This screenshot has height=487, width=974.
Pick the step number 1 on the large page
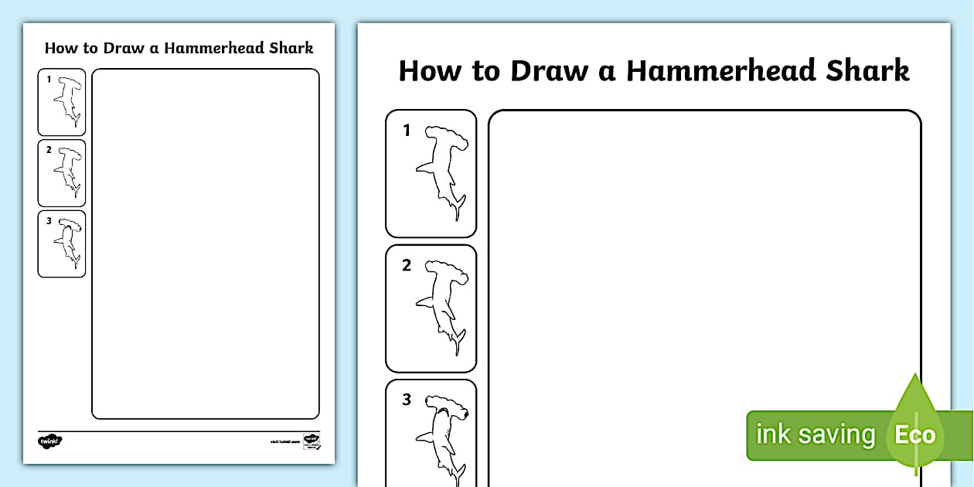[x=407, y=131]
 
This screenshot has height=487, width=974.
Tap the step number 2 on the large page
[x=407, y=265]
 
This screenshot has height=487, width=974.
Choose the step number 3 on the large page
[x=407, y=400]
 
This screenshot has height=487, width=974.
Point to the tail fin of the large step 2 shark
[x=458, y=340]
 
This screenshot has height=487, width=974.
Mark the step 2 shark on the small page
[x=68, y=172]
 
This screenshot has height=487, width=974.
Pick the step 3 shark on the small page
[x=68, y=243]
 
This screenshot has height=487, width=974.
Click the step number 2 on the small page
[x=48, y=150]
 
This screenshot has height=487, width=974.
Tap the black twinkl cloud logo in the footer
[x=49, y=441]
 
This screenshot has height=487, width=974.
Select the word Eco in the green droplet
[x=915, y=434]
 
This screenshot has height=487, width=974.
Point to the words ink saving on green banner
[x=815, y=434]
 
